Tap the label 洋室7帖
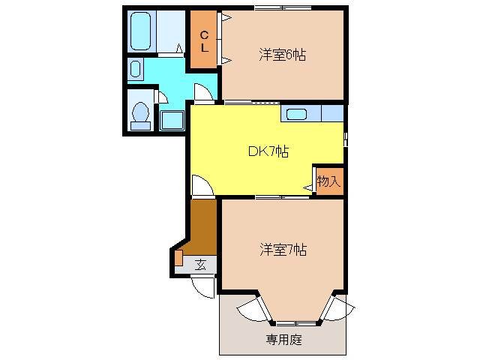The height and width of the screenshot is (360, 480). (283, 249)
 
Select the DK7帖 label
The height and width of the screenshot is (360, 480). (268, 152)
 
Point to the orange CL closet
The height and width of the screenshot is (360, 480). (204, 40)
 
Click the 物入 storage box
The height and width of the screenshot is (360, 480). (328, 181)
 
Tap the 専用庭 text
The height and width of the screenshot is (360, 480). (283, 339)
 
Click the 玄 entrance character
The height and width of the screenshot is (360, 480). (200, 264)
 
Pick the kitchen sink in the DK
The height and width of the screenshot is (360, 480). (295, 114)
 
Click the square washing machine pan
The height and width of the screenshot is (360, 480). (172, 121)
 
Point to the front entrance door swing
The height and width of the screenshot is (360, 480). (201, 286)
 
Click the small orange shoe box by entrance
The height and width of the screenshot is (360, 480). (178, 257)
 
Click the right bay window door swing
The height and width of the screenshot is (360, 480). (338, 308)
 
